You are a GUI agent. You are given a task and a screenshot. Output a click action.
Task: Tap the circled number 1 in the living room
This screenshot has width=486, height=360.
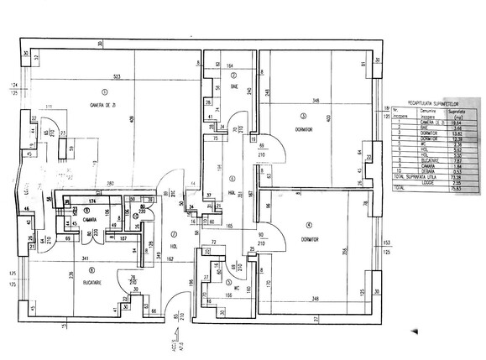[x=104, y=91]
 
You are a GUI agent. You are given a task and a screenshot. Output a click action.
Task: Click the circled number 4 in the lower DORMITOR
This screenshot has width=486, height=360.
[x=308, y=224]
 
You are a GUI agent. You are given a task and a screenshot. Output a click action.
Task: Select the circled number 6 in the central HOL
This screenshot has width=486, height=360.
[x=233, y=177]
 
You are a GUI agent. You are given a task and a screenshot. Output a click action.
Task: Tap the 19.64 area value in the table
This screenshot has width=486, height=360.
[x=457, y=122]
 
